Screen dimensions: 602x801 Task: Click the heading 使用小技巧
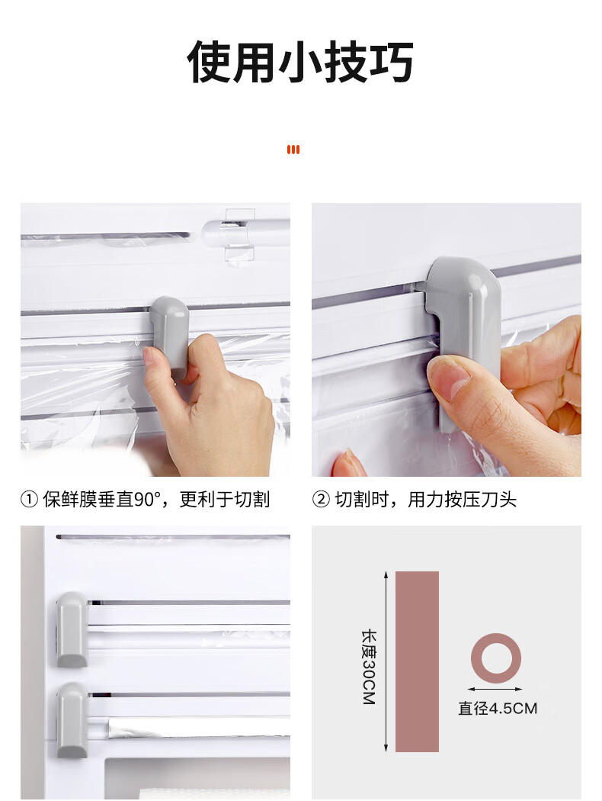(x=300, y=62)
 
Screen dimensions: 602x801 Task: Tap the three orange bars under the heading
(x=293, y=150)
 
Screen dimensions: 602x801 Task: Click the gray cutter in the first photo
(x=170, y=336)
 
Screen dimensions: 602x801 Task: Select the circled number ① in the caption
(x=29, y=499)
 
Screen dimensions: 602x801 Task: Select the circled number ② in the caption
(x=321, y=499)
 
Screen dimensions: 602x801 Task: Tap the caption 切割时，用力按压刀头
(x=425, y=499)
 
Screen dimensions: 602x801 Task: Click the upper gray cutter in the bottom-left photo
(x=72, y=629)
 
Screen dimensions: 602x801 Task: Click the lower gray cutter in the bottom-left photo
(x=72, y=720)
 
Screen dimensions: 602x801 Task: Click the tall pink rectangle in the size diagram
(x=417, y=661)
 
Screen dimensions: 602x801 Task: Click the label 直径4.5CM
(x=498, y=709)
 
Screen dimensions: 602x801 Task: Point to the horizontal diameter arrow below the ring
(x=495, y=689)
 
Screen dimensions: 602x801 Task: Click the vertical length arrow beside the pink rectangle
(x=386, y=661)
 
